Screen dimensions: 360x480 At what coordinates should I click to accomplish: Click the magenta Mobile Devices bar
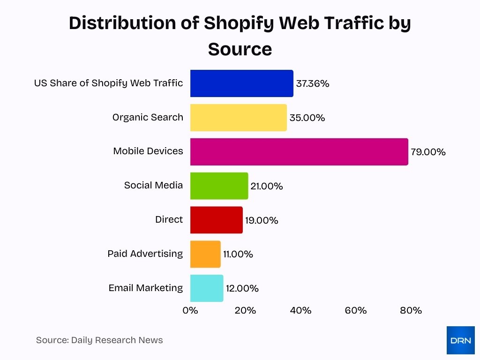click(299, 152)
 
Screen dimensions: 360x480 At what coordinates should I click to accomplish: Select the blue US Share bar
click(241, 83)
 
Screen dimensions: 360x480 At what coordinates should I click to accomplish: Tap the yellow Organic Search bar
click(238, 118)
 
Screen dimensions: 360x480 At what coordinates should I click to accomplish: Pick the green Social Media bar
click(219, 186)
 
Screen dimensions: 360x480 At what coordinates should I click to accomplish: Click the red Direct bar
click(216, 220)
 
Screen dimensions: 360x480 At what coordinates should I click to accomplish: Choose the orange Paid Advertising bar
click(205, 254)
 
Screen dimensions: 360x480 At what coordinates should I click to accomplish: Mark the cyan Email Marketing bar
click(207, 288)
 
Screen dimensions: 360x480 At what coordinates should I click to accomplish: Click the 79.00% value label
click(428, 152)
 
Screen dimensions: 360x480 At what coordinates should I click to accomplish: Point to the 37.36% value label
click(313, 84)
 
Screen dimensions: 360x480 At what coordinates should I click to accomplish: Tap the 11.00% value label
click(238, 255)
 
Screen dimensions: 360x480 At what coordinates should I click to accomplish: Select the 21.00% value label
click(267, 187)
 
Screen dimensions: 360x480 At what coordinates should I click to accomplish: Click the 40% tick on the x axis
click(300, 310)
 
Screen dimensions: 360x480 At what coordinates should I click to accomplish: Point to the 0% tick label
click(190, 310)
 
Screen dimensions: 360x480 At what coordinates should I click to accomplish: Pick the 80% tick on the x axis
click(411, 310)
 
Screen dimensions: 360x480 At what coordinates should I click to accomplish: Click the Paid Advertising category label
click(145, 254)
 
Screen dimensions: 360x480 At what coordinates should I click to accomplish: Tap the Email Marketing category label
click(145, 288)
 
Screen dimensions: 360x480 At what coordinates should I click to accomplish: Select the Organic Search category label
click(148, 117)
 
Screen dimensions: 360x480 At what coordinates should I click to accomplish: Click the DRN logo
click(460, 340)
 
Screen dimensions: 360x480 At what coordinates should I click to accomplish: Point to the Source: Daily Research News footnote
click(99, 340)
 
